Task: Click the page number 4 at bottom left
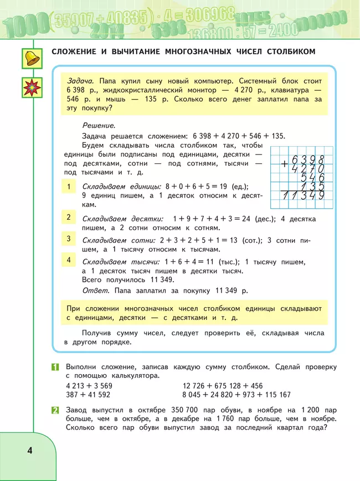click(x=29, y=450)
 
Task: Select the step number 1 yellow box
click(x=69, y=187)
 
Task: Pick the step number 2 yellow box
click(x=69, y=217)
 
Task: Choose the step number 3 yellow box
click(x=69, y=239)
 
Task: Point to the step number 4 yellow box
click(x=69, y=260)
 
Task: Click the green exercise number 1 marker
click(x=55, y=367)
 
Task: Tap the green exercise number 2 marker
click(x=55, y=410)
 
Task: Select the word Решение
click(x=99, y=126)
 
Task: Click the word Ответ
click(x=94, y=290)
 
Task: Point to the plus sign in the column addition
click(x=284, y=164)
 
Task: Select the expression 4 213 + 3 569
click(x=89, y=386)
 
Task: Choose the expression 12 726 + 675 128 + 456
click(x=222, y=386)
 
